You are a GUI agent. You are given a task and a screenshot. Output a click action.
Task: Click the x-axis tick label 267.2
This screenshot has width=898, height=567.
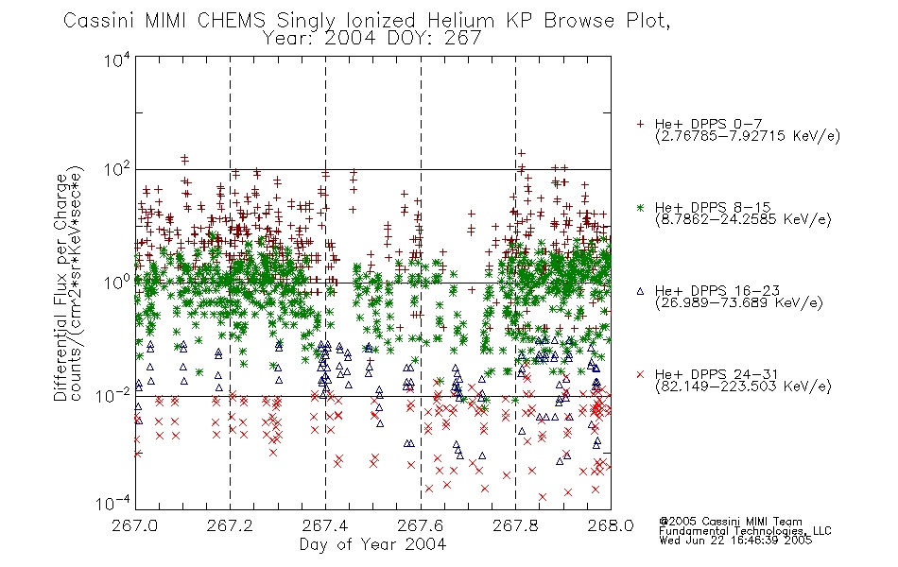(x=230, y=525)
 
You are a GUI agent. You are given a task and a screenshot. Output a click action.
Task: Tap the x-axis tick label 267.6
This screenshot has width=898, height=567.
(x=421, y=525)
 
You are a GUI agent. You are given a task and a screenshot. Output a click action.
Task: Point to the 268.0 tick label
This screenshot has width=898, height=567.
(x=611, y=525)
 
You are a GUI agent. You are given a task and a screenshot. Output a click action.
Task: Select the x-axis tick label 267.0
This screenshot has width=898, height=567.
(x=135, y=525)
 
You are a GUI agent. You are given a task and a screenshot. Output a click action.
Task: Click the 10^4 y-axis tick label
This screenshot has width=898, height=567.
(x=117, y=60)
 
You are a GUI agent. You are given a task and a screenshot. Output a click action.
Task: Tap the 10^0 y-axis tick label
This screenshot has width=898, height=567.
(x=117, y=283)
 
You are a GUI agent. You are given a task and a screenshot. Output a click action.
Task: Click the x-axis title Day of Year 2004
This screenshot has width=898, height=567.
(x=372, y=544)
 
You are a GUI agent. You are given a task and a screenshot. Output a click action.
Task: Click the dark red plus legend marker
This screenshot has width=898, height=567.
(x=640, y=124)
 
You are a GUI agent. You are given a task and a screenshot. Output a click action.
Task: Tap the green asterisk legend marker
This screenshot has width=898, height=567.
(x=640, y=207)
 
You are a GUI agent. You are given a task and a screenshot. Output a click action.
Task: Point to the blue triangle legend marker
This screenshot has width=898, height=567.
(x=640, y=291)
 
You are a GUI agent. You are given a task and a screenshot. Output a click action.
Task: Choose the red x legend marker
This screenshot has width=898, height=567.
(x=640, y=374)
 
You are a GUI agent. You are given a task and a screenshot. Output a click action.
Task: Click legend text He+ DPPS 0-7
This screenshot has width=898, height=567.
(x=708, y=124)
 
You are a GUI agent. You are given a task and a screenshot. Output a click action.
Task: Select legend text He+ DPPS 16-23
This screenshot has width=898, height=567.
(x=717, y=291)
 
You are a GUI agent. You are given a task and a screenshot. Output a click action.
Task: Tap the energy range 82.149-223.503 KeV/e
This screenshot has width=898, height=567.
(x=743, y=386)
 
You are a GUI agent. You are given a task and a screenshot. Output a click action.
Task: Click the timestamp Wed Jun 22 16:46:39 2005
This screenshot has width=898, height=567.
(x=735, y=541)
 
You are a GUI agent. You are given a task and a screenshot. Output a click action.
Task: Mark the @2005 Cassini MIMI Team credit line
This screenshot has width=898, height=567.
(x=730, y=522)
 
